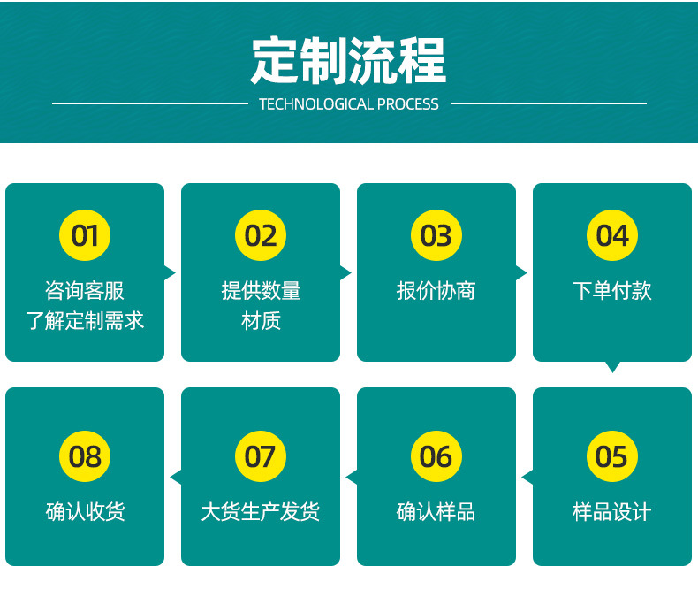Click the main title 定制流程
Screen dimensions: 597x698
click(x=349, y=60)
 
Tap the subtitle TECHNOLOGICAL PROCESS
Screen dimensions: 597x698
click(x=349, y=104)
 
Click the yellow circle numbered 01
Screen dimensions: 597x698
click(x=85, y=235)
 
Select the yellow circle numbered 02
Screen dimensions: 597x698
click(x=261, y=235)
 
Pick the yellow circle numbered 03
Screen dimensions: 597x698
click(x=436, y=235)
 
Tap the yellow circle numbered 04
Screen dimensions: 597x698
click(x=612, y=235)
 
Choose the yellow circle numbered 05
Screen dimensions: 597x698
click(x=612, y=456)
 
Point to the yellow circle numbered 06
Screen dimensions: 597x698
click(x=436, y=456)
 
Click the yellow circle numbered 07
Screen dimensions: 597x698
click(x=261, y=456)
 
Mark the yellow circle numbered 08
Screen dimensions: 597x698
click(x=85, y=456)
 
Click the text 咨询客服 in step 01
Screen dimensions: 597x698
click(x=85, y=290)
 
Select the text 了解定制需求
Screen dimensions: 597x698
click(x=85, y=320)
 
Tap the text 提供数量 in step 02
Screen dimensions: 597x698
click(x=261, y=290)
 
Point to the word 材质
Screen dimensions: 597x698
click(x=261, y=320)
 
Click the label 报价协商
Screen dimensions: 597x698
click(x=436, y=290)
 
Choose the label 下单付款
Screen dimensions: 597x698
click(x=612, y=290)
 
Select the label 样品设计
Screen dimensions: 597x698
click(x=612, y=511)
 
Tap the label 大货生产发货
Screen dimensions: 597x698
click(x=261, y=511)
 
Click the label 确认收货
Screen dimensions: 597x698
click(x=85, y=511)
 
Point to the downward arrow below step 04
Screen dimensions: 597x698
click(x=612, y=366)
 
